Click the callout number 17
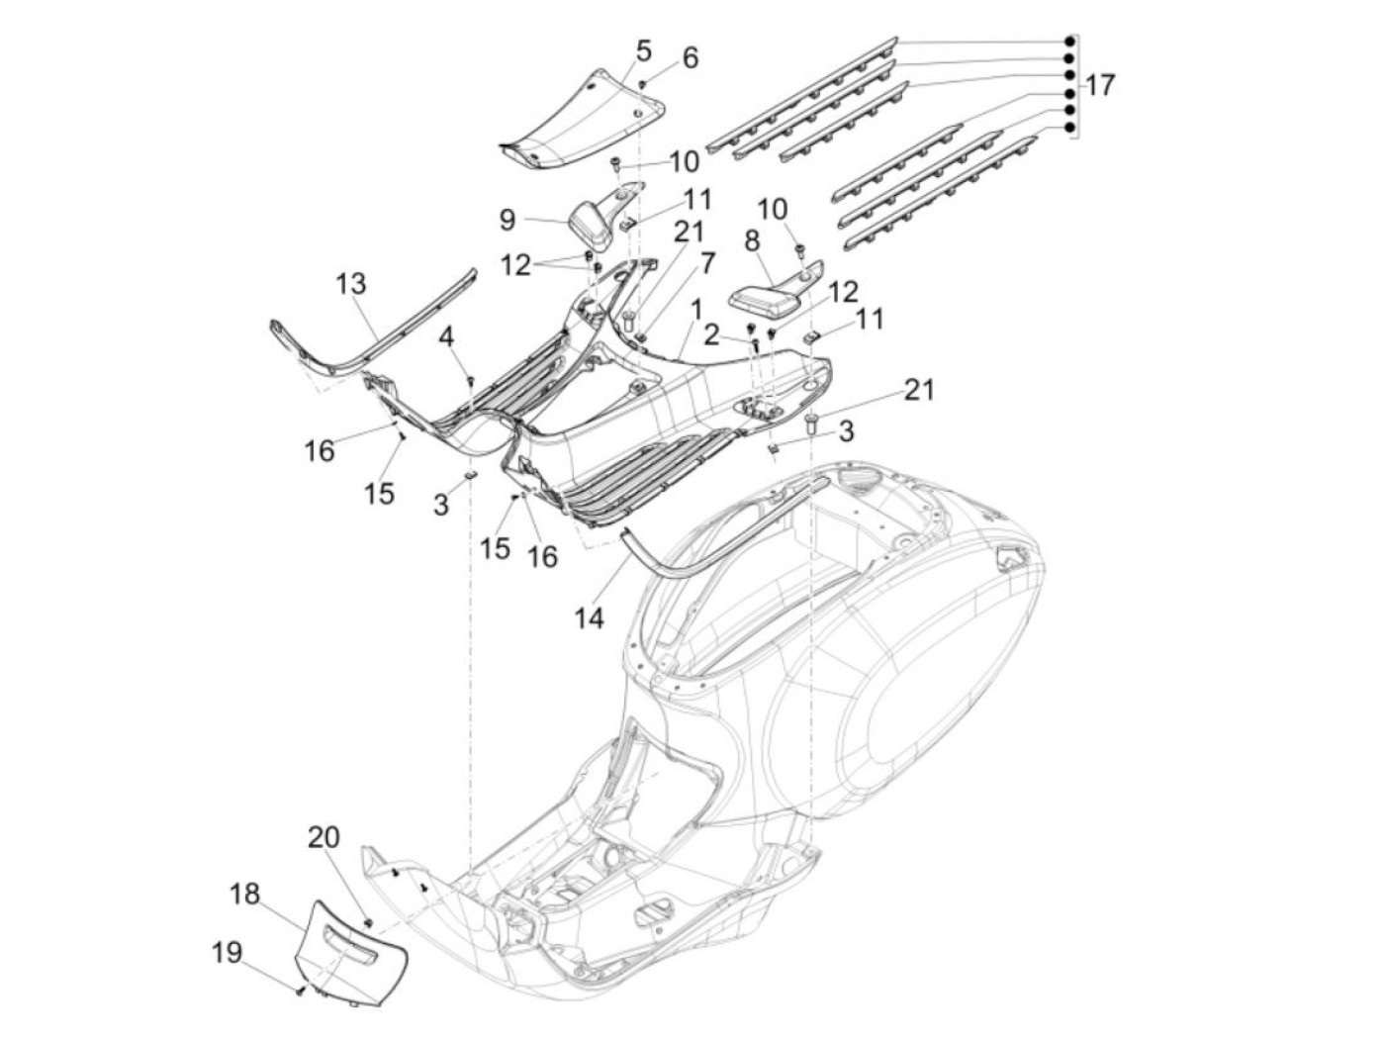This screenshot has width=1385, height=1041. (x=1099, y=86)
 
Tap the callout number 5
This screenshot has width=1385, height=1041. (x=643, y=49)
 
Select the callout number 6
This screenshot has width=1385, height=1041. (x=690, y=57)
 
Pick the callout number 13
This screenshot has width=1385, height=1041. (x=350, y=284)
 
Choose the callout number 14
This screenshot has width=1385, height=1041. (x=589, y=617)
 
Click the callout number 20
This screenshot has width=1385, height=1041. (x=323, y=837)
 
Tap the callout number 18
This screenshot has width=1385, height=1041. (x=245, y=895)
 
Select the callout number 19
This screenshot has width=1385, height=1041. (x=227, y=953)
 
